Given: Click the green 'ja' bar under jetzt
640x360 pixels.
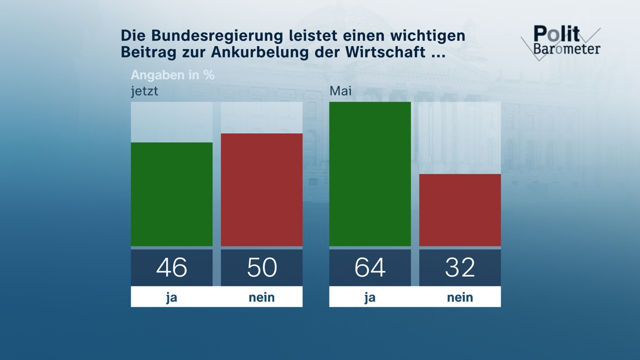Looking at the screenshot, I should pyautogui.click(x=172, y=194).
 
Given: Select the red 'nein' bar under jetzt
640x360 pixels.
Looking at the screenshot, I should pyautogui.click(x=261, y=190).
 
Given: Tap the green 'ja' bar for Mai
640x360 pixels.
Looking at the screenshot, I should pyautogui.click(x=370, y=174).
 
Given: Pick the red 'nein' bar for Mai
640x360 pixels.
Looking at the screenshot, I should pyautogui.click(x=460, y=210).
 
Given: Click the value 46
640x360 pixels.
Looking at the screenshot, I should pyautogui.click(x=172, y=267).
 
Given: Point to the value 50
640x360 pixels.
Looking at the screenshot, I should pyautogui.click(x=261, y=267).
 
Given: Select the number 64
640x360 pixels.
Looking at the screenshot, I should pyautogui.click(x=370, y=267).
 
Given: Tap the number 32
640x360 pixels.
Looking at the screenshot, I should pyautogui.click(x=460, y=267).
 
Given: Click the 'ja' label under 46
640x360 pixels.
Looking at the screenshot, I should pyautogui.click(x=172, y=297).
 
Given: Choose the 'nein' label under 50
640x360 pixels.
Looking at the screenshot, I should pyautogui.click(x=261, y=297).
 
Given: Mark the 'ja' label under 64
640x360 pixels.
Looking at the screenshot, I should pyautogui.click(x=370, y=297).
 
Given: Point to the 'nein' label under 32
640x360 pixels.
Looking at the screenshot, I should pyautogui.click(x=460, y=297).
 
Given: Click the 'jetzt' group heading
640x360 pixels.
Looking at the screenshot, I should pyautogui.click(x=145, y=91).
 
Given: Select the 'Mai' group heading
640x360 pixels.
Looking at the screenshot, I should pyautogui.click(x=340, y=91).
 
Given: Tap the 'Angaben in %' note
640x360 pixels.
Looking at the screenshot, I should pyautogui.click(x=173, y=75).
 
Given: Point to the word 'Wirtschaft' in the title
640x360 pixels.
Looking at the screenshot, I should pyautogui.click(x=395, y=53).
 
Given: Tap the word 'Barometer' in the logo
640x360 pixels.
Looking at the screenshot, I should pyautogui.click(x=567, y=49).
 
